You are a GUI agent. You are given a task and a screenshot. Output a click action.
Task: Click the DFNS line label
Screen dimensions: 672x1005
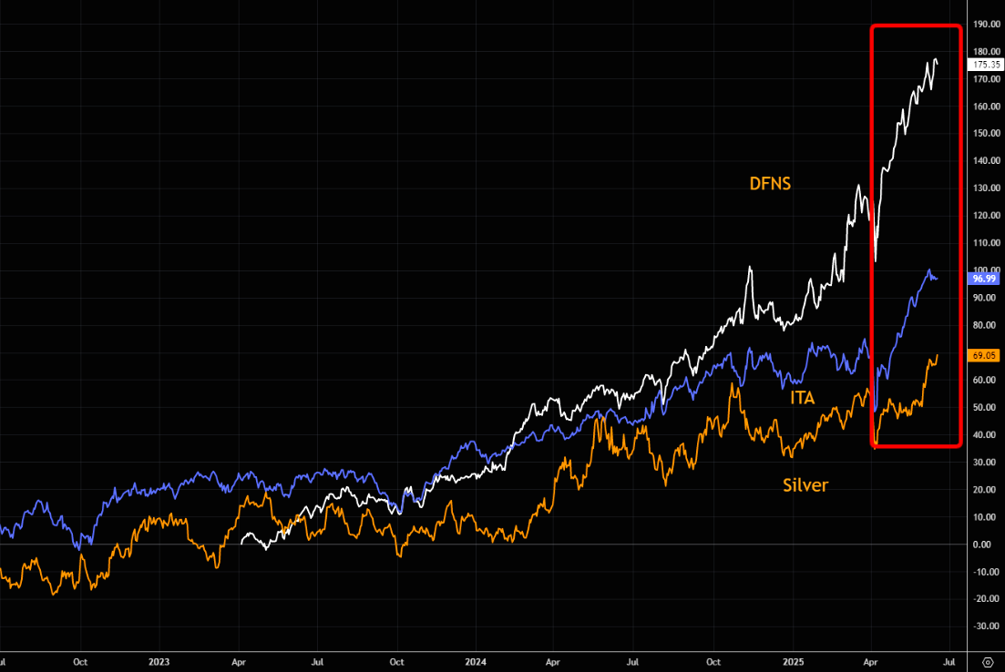(x=770, y=184)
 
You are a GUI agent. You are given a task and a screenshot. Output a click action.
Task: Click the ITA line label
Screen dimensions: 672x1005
(x=802, y=397)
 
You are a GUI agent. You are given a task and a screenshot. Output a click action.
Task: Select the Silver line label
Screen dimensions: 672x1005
(x=805, y=485)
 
